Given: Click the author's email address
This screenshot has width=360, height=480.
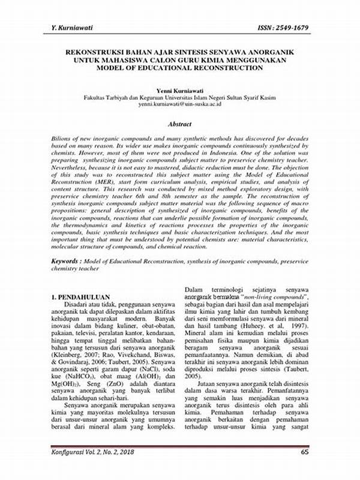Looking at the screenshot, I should (x=179, y=104).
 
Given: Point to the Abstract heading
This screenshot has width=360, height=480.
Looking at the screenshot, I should (x=179, y=124).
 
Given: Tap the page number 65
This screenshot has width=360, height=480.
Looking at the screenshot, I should (x=304, y=469).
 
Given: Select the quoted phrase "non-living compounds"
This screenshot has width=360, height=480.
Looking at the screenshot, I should (x=274, y=297).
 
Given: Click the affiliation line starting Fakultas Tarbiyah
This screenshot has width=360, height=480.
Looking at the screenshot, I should (x=179, y=97).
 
